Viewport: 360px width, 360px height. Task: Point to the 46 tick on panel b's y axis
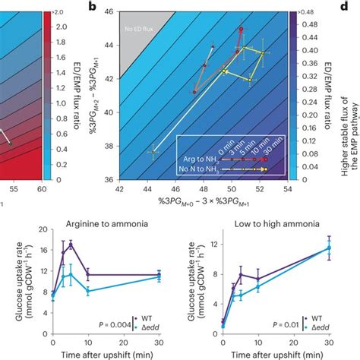(x=110, y=12)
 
